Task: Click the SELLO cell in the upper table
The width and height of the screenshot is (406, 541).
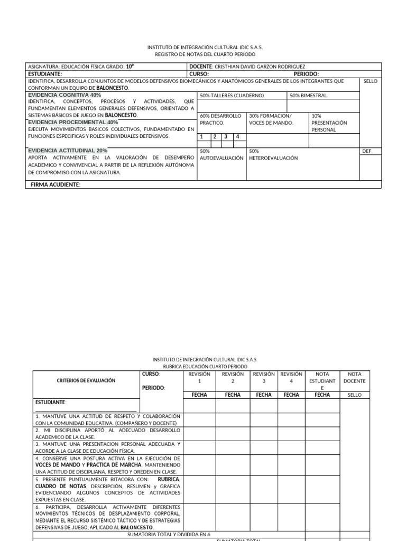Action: point(371,81)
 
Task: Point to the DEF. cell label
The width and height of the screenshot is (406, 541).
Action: point(367,151)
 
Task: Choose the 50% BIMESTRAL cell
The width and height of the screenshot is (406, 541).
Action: point(309,96)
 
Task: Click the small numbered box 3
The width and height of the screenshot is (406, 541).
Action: point(226,136)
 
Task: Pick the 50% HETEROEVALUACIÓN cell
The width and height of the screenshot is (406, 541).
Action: point(273,154)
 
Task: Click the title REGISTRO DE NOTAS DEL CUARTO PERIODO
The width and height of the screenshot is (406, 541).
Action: point(205,54)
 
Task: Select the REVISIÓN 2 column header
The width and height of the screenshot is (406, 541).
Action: point(233,377)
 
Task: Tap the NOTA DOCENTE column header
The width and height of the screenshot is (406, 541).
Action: point(355,377)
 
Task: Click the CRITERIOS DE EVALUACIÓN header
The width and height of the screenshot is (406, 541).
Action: point(86,380)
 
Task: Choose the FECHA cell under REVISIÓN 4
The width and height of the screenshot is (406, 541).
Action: point(291,395)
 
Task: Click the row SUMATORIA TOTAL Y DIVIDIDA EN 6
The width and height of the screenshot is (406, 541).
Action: point(169,534)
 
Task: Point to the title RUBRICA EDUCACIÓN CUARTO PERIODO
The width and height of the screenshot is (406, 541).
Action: point(205,366)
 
